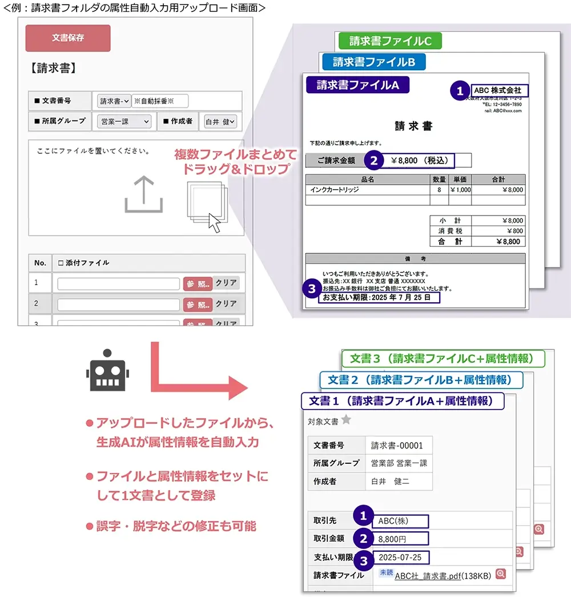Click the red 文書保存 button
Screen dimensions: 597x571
(x=68, y=38)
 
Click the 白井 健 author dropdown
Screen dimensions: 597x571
(x=220, y=121)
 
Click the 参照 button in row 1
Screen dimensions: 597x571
(x=198, y=284)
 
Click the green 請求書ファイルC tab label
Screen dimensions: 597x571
(x=390, y=41)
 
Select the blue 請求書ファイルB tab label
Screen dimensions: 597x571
(x=373, y=62)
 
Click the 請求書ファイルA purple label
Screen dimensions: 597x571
(x=357, y=85)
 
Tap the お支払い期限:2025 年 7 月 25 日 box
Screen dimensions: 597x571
(x=379, y=298)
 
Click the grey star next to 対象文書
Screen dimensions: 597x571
(x=346, y=420)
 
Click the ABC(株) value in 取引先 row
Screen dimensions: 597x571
(x=400, y=520)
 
